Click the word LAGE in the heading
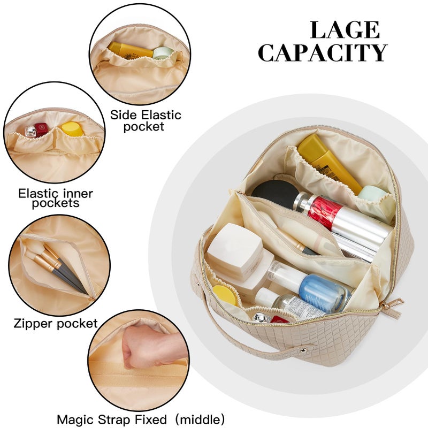point(345,30)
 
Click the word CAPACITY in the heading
point(323,52)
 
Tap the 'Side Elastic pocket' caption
point(146,121)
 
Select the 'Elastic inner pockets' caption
point(56,198)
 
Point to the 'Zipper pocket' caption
point(56,324)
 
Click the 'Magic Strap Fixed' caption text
point(112,419)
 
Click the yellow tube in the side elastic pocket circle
point(130,50)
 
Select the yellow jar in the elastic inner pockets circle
point(72,129)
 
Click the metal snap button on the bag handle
point(303,350)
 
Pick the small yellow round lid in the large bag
point(225,295)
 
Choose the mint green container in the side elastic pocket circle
point(163,52)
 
